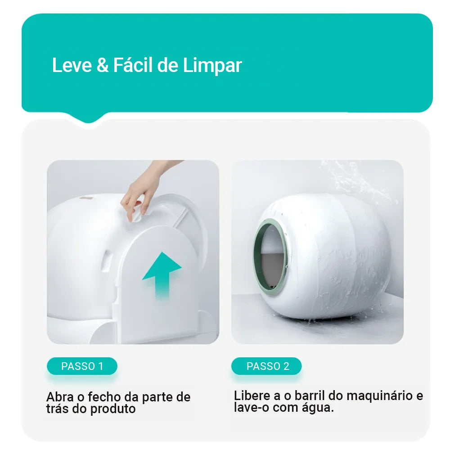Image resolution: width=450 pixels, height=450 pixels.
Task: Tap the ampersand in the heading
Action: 102,66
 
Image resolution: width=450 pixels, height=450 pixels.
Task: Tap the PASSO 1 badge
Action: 82,366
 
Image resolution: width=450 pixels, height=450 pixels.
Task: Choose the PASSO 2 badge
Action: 267,366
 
